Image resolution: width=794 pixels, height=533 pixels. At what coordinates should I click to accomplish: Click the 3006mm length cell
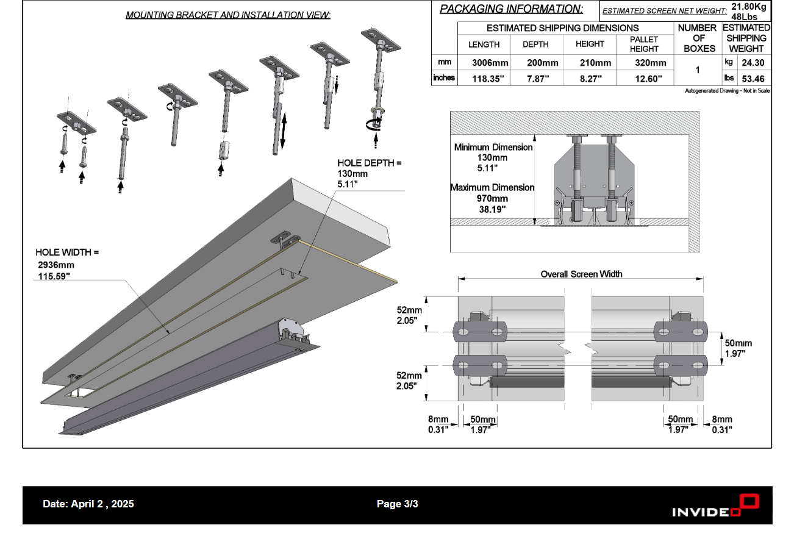(490, 63)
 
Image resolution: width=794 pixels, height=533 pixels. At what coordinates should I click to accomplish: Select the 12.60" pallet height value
(644, 78)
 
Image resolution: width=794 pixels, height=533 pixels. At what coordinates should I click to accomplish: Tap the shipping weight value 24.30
(753, 63)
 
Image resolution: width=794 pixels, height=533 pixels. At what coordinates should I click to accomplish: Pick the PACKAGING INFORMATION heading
(511, 9)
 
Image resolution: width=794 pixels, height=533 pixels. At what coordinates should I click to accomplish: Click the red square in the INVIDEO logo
(749, 503)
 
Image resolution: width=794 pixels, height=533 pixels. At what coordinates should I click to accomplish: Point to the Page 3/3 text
(397, 504)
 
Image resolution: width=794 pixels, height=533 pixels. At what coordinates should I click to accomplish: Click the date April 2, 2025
(88, 504)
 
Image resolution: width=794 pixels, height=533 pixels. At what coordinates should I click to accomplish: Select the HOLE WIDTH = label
(67, 252)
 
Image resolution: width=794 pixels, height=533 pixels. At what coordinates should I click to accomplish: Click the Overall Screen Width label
(581, 274)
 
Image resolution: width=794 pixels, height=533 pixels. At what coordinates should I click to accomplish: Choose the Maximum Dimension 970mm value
(492, 198)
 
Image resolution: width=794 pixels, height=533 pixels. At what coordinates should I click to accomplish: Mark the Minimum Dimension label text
(493, 147)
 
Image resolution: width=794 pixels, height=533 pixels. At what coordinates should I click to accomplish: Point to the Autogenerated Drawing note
(727, 91)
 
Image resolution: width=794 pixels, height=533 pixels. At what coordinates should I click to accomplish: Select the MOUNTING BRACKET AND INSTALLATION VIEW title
(228, 15)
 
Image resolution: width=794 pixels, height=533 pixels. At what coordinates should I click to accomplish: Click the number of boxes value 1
(698, 70)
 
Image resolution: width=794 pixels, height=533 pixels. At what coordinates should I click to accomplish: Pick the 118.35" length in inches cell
(490, 78)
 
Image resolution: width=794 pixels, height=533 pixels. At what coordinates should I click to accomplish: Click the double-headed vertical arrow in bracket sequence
(283, 129)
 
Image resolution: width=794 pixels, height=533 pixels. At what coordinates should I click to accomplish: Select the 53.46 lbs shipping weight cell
(753, 78)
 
